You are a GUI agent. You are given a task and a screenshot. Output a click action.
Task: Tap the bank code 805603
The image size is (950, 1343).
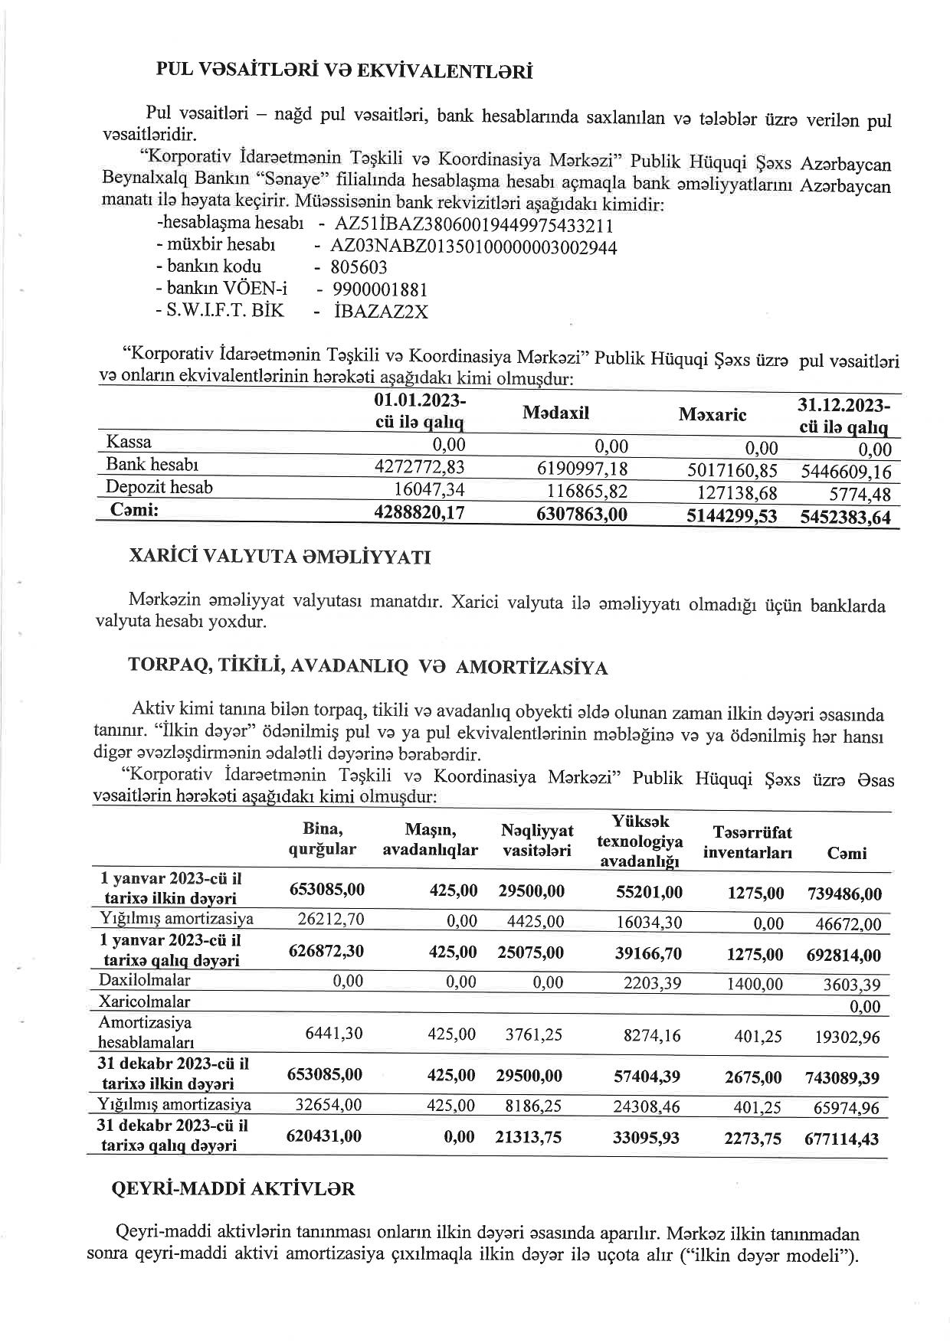click(x=359, y=268)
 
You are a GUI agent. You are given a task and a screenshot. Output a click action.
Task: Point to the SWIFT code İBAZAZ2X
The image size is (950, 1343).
click(x=381, y=312)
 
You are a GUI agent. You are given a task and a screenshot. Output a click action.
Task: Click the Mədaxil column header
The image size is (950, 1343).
click(x=555, y=413)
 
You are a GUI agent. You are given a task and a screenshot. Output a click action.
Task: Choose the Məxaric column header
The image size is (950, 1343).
click(x=712, y=415)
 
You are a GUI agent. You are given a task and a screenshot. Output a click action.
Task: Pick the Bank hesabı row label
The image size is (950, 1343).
click(x=152, y=465)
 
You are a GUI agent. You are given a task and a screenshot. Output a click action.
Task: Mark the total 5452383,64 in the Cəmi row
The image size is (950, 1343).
click(x=846, y=518)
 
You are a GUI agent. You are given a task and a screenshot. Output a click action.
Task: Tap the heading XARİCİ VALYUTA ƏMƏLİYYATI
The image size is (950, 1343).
click(x=279, y=557)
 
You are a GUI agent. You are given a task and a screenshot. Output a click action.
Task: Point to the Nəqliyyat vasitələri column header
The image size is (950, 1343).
click(x=537, y=841)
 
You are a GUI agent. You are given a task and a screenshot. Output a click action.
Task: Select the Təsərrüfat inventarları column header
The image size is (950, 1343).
click(x=747, y=842)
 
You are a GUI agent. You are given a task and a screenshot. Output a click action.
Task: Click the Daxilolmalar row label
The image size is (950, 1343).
click(x=145, y=980)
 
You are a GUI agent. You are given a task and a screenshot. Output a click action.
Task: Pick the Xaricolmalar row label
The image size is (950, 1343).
click(x=144, y=1002)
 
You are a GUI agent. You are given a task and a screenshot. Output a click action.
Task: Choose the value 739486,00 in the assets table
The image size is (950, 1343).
click(x=844, y=894)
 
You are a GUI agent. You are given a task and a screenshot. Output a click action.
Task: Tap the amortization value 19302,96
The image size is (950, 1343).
click(x=847, y=1037)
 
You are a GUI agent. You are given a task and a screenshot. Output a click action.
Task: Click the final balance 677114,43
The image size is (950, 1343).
click(x=842, y=1139)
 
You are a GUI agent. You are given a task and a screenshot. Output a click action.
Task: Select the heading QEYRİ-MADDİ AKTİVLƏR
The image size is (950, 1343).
click(x=234, y=1188)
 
